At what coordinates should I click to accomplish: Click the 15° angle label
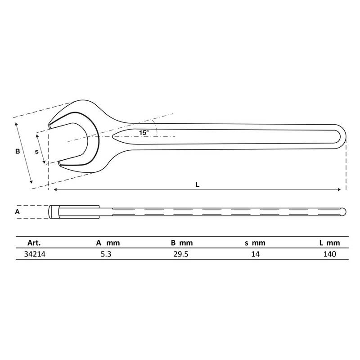[x=144, y=133]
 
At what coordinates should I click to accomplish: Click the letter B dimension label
[x=18, y=151]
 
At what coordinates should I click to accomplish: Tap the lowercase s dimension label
[x=37, y=152]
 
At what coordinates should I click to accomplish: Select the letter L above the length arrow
[x=197, y=184]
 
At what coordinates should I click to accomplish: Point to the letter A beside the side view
[x=18, y=211]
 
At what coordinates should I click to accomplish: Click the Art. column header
[x=34, y=243]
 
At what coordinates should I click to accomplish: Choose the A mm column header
[x=108, y=243]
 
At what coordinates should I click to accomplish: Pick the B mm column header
[x=182, y=243]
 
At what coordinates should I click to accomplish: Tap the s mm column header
[x=255, y=243]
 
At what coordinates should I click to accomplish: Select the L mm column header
[x=330, y=243]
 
